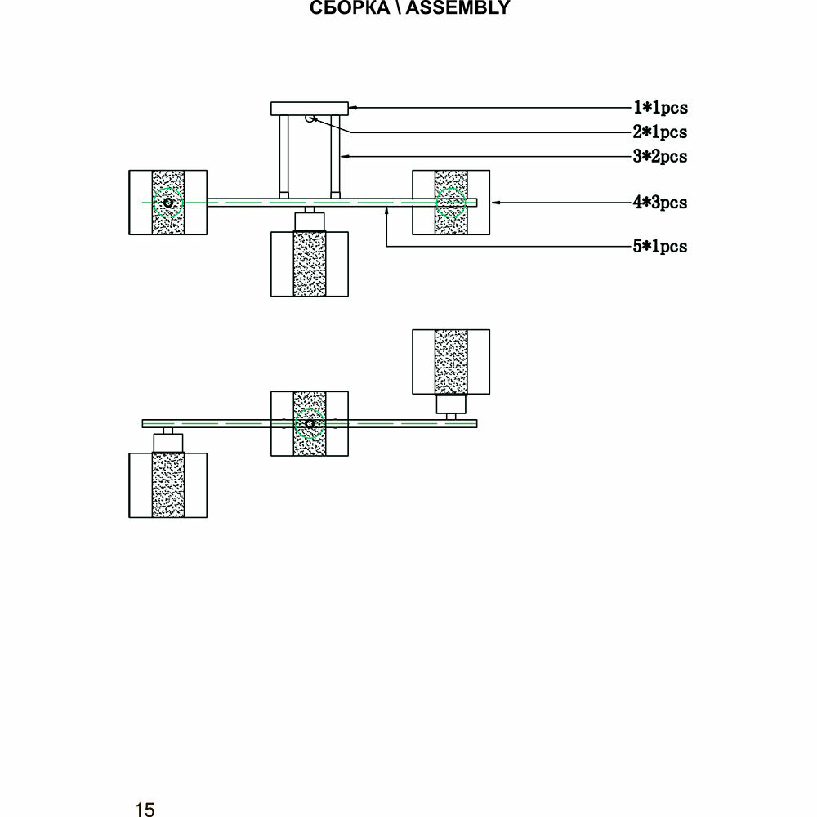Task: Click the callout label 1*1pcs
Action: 660,107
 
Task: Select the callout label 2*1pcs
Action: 660,132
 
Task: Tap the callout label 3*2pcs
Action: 660,156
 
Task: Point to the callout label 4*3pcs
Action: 660,202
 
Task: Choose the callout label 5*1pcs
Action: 660,246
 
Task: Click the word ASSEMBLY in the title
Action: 458,9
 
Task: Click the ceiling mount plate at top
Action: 310,108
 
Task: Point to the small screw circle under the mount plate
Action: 310,119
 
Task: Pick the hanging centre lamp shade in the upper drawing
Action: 310,263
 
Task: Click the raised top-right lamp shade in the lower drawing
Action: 450,361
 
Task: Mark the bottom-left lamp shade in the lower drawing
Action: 167,485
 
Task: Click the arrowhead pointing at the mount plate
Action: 354,107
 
